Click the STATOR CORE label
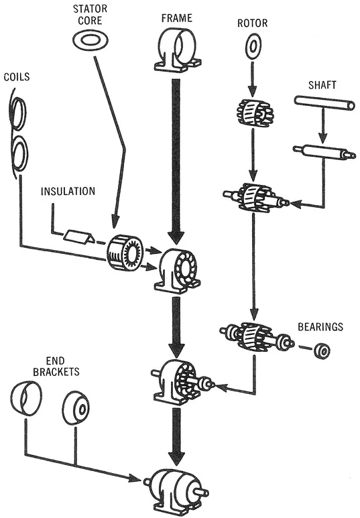[90, 15]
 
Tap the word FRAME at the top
[177, 18]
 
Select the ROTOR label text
[253, 23]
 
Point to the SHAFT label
[322, 85]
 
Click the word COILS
[17, 76]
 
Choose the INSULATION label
[68, 191]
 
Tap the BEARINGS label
[320, 326]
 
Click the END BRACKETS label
[56, 366]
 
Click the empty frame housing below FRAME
[177, 50]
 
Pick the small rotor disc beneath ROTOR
[253, 46]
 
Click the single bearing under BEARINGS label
[322, 351]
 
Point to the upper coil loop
[19, 114]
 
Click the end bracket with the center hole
[76, 408]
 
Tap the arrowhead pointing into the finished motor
[135, 478]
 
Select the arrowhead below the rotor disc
[252, 91]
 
